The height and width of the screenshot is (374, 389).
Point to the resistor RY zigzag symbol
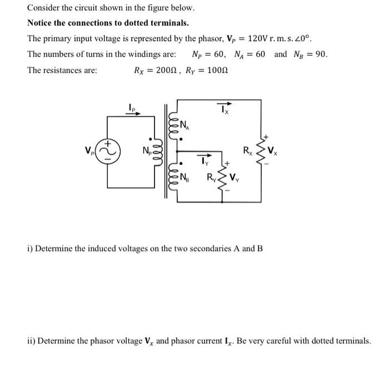click(225, 178)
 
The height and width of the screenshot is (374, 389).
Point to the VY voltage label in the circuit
click(236, 178)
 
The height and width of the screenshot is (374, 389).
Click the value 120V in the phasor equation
click(257, 40)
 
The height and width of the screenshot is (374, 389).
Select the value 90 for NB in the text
click(321, 55)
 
